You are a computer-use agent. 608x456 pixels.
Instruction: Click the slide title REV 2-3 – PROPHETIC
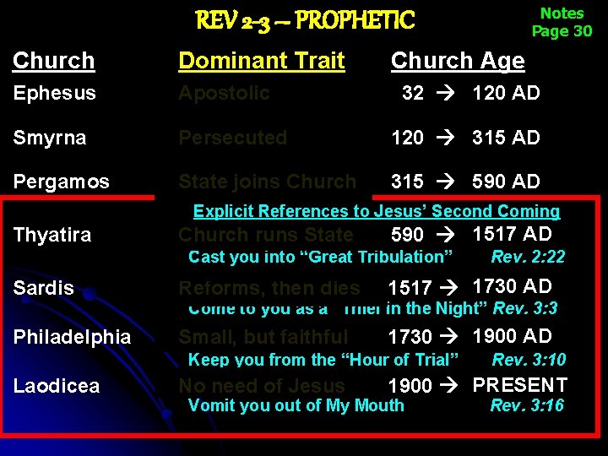pos(305,19)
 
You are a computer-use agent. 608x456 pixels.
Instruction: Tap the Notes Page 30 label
pos(562,23)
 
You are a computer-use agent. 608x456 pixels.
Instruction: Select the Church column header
pos(54,61)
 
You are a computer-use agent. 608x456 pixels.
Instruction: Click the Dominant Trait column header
pos(261,61)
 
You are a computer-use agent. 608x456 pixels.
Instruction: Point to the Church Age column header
pos(457,61)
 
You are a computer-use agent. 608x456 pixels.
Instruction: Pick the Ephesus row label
pos(54,93)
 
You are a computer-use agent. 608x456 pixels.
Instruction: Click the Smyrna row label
pos(49,138)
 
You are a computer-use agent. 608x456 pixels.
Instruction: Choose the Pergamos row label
pos(61,182)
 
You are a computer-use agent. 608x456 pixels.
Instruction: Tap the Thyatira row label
pos(52,235)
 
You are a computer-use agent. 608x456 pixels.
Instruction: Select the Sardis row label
pos(43,288)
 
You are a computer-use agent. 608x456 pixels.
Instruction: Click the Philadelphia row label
pos(72,337)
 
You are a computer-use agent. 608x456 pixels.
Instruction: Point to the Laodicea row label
pos(57,386)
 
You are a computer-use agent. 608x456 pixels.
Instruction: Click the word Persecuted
pos(232,138)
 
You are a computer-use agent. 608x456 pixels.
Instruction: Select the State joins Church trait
pos(267,182)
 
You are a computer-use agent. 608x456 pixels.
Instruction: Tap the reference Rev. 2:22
pos(528,257)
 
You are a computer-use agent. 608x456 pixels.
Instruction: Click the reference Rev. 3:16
pos(527,406)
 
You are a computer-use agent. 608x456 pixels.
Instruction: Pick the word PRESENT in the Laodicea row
pos(519,385)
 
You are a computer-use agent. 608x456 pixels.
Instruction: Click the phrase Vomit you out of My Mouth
pos(296,406)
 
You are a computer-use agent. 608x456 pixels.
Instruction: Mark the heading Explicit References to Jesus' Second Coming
pos(377,212)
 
